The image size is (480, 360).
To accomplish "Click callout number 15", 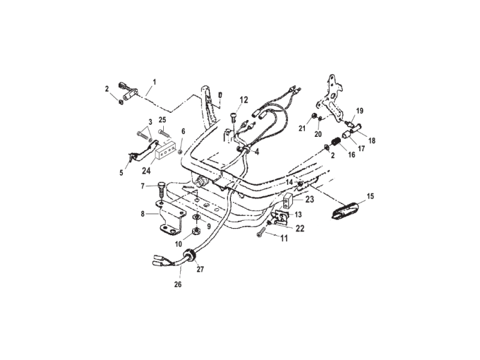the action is point(370,196).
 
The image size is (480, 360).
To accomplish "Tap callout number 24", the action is point(146,170).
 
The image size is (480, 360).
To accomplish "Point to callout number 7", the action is point(142,186).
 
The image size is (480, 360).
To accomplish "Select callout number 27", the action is point(200,269).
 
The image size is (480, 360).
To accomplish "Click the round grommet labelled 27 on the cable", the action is point(190,256).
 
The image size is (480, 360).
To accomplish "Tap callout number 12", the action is point(244,100).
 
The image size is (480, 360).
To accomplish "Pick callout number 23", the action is point(310,200).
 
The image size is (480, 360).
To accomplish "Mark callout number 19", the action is point(359,110).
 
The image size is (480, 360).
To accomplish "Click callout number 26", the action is point(178,284).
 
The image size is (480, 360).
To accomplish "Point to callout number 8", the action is point(142,214).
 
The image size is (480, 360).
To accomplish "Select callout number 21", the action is point(302,128).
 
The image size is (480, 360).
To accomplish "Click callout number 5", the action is point(121,173).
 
